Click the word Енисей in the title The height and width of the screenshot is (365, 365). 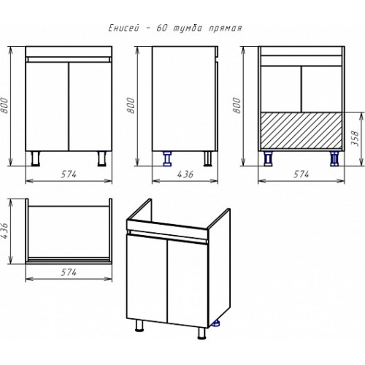tap(124, 28)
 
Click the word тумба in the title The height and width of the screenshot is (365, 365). tap(188, 28)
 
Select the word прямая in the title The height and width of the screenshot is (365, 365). tap(226, 28)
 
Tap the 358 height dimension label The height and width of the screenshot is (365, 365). tap(356, 138)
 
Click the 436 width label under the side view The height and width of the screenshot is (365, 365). tap(185, 174)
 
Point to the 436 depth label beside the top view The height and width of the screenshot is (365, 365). tap(5, 231)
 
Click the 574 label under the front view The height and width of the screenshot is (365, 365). tap(69, 174)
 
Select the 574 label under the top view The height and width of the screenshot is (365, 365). tap(69, 272)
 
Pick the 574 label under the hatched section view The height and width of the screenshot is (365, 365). tap(301, 174)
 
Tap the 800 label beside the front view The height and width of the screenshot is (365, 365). tap(4, 105)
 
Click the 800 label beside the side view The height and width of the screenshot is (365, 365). tap(131, 105)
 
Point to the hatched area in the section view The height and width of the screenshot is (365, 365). tap(301, 131)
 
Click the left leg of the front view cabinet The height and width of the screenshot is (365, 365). tap(36, 158)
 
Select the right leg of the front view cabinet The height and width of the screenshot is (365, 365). tap(101, 158)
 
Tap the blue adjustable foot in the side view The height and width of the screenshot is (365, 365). tap(167, 158)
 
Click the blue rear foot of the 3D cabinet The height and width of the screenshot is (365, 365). tap(215, 323)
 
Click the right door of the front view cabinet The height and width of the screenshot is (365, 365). tap(91, 107)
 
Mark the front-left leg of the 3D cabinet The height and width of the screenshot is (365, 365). tap(139, 326)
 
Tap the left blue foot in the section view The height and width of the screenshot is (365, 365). tap(269, 158)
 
